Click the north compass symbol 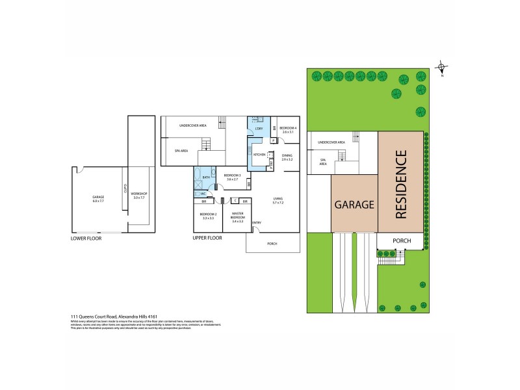(x=441, y=68)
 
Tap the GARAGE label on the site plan (x=354, y=204)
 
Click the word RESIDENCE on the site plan (x=400, y=184)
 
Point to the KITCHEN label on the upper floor (x=259, y=155)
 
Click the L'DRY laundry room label (x=258, y=129)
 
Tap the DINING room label (x=287, y=157)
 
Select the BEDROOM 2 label (x=208, y=216)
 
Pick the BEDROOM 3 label (x=232, y=176)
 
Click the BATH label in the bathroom (x=206, y=177)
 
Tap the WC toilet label (x=203, y=193)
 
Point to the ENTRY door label (x=257, y=223)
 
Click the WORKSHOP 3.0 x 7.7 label (x=140, y=194)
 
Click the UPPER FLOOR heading (x=207, y=238)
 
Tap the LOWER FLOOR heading (x=86, y=238)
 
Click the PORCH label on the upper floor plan (x=272, y=244)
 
